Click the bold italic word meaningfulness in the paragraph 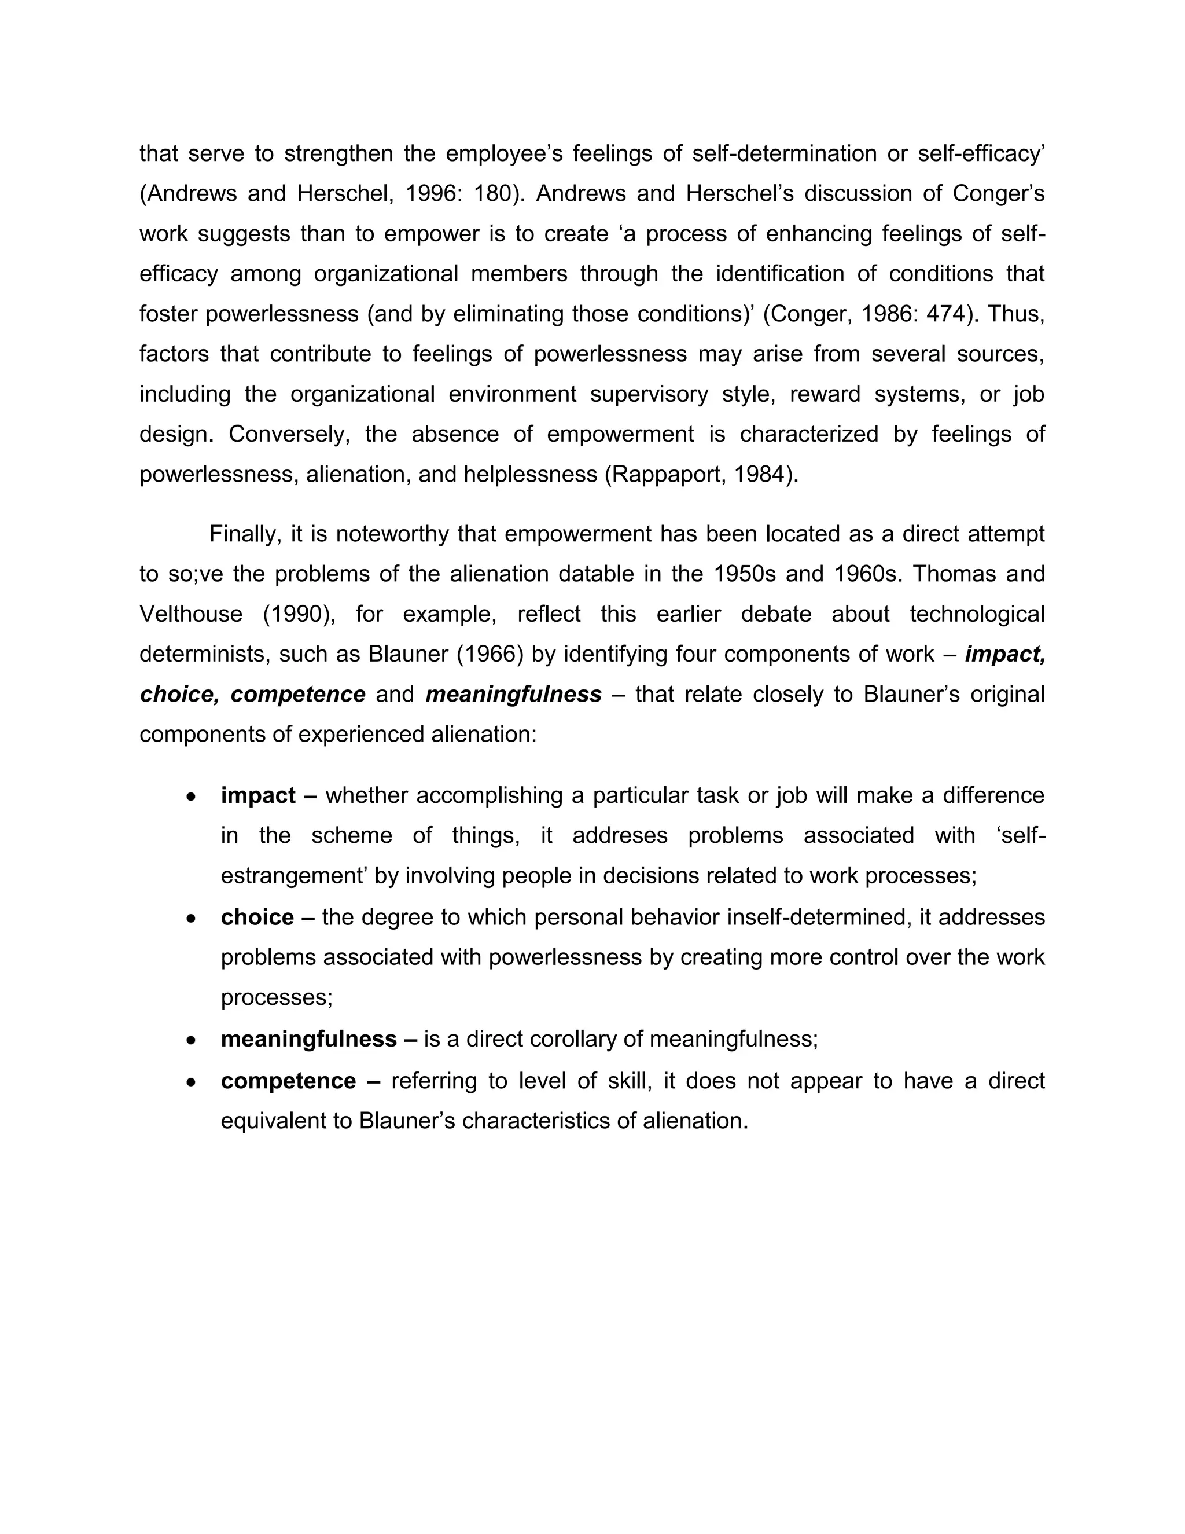[513, 695]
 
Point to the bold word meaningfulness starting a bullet [309, 1040]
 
